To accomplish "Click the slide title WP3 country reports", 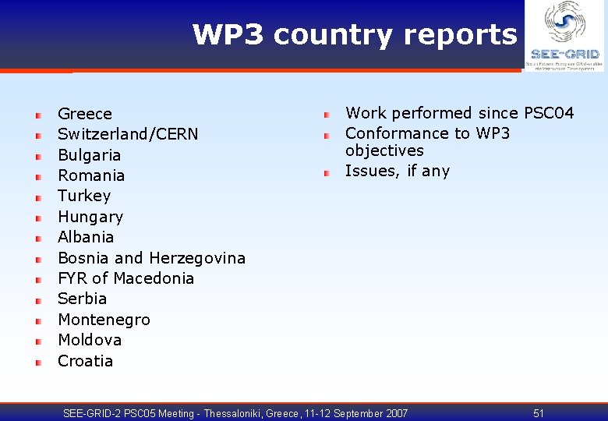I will pos(354,35).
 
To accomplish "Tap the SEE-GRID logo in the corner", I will pos(564,36).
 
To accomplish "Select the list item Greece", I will pos(85,114).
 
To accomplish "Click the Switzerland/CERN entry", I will pos(128,134).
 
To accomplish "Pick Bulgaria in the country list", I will pos(89,155).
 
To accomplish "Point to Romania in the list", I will pos(91,175).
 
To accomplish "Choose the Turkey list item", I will pos(84,196).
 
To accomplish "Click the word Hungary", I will pos(90,217).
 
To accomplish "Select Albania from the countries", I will pos(86,237).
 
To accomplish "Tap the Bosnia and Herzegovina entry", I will pos(151,258).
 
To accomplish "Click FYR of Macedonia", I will pos(125,278).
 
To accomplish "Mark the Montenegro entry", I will pos(104,320).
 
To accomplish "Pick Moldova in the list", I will pos(90,340).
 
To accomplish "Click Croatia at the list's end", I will pos(85,361).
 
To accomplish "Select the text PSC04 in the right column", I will pos(549,114).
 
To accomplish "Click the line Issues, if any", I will pos(397,171).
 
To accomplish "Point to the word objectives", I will pos(384,150).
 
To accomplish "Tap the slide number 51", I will pos(539,413).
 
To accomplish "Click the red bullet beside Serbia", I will pos(37,299).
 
